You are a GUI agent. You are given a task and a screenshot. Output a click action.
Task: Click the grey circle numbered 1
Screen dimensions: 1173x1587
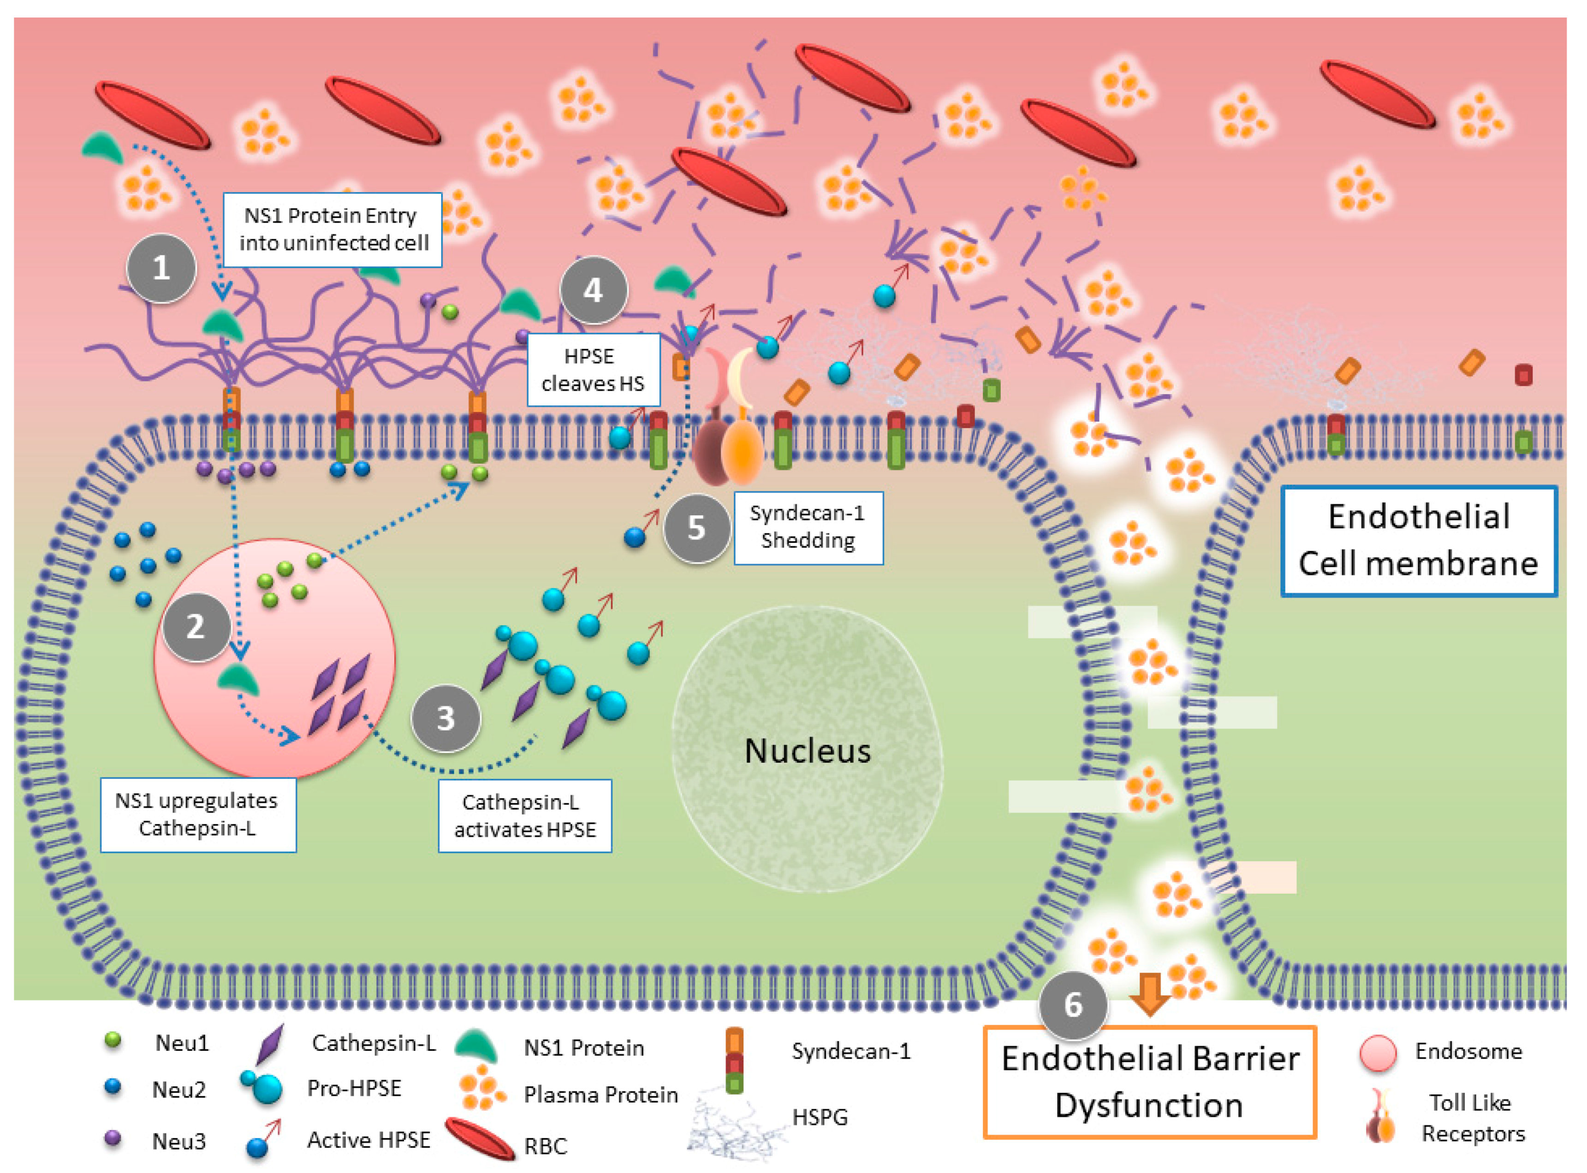pyautogui.click(x=161, y=268)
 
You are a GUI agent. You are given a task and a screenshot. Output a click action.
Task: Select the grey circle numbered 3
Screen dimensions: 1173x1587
pyautogui.click(x=446, y=719)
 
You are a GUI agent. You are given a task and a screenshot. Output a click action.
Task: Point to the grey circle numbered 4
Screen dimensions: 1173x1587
pyautogui.click(x=593, y=290)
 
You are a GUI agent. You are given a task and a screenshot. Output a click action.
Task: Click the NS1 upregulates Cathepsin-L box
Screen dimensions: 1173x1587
pyautogui.click(x=197, y=814)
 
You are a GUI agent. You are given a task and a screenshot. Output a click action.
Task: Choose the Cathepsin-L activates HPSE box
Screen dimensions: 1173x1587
pyautogui.click(x=524, y=816)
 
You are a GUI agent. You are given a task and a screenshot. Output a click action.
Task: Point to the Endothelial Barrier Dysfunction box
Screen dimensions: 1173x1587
pyautogui.click(x=1149, y=1081)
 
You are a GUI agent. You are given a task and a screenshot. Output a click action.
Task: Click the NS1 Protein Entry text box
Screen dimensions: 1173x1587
pyautogui.click(x=333, y=230)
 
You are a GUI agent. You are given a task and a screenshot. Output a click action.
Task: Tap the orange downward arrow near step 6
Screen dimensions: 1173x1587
pyautogui.click(x=1149, y=995)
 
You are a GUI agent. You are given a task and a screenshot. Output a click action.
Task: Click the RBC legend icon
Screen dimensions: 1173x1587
pyautogui.click(x=480, y=1139)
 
